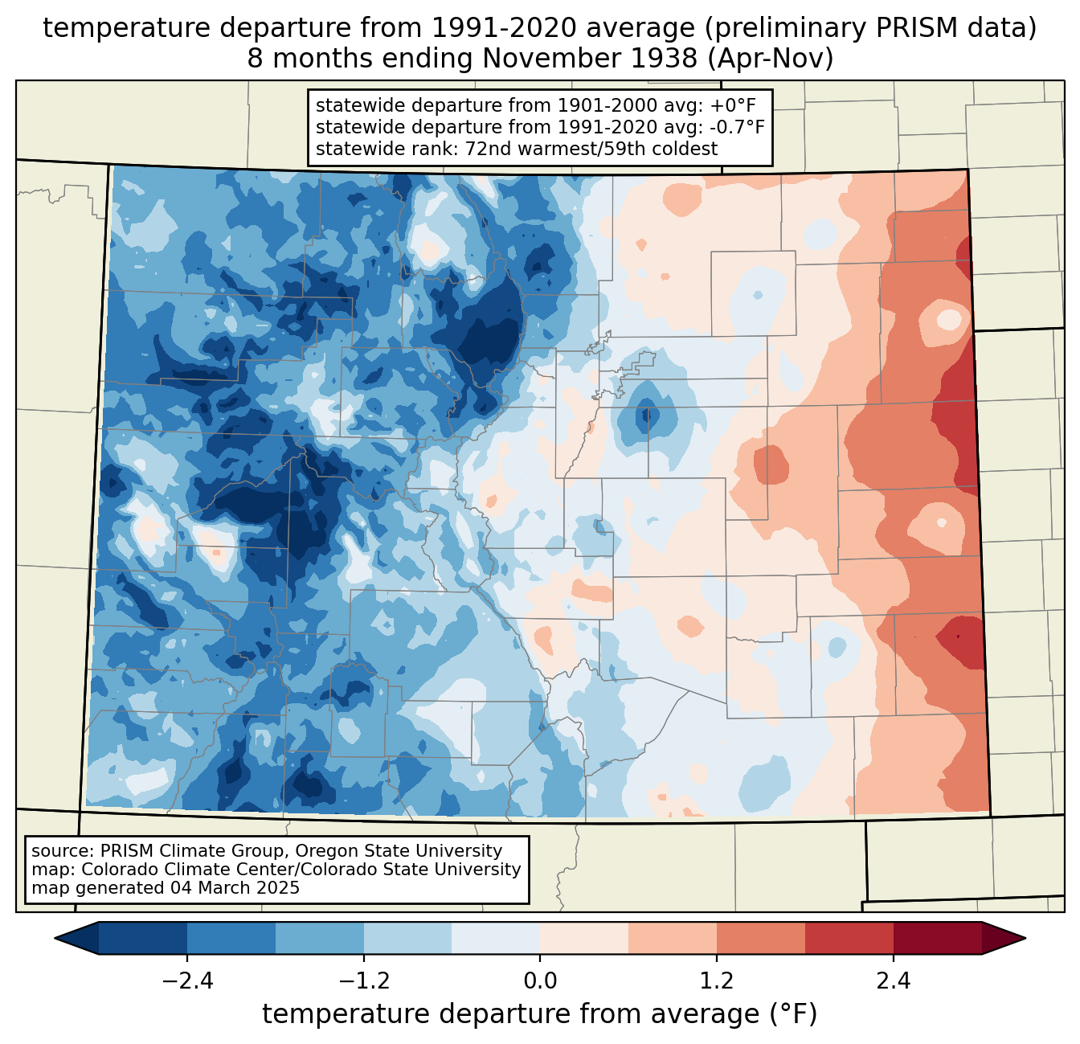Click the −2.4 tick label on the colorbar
(187, 981)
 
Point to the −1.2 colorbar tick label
(364, 981)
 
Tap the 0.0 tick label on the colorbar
(540, 981)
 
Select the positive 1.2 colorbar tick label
(717, 981)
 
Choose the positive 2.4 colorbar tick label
(894, 981)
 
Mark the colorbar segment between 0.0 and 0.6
(584, 938)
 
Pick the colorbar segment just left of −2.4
(143, 938)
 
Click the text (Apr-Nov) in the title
(771, 59)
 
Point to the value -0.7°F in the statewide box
(737, 127)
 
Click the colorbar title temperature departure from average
(540, 1014)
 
